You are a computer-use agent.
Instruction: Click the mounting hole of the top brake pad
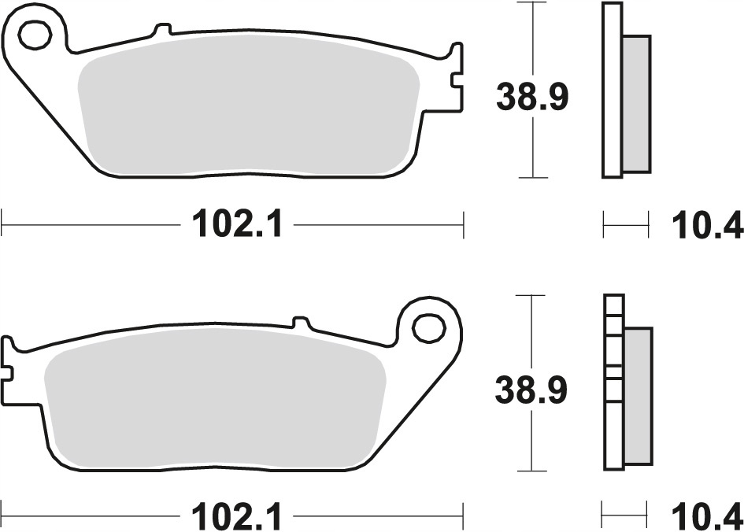(x=35, y=35)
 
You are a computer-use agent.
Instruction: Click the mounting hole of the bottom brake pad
(x=429, y=327)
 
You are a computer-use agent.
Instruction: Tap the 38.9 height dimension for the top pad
(x=532, y=98)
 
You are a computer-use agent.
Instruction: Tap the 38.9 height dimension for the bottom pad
(x=531, y=390)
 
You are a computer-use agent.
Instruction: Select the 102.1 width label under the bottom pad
(x=237, y=516)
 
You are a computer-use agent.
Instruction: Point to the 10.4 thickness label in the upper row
(x=707, y=225)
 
